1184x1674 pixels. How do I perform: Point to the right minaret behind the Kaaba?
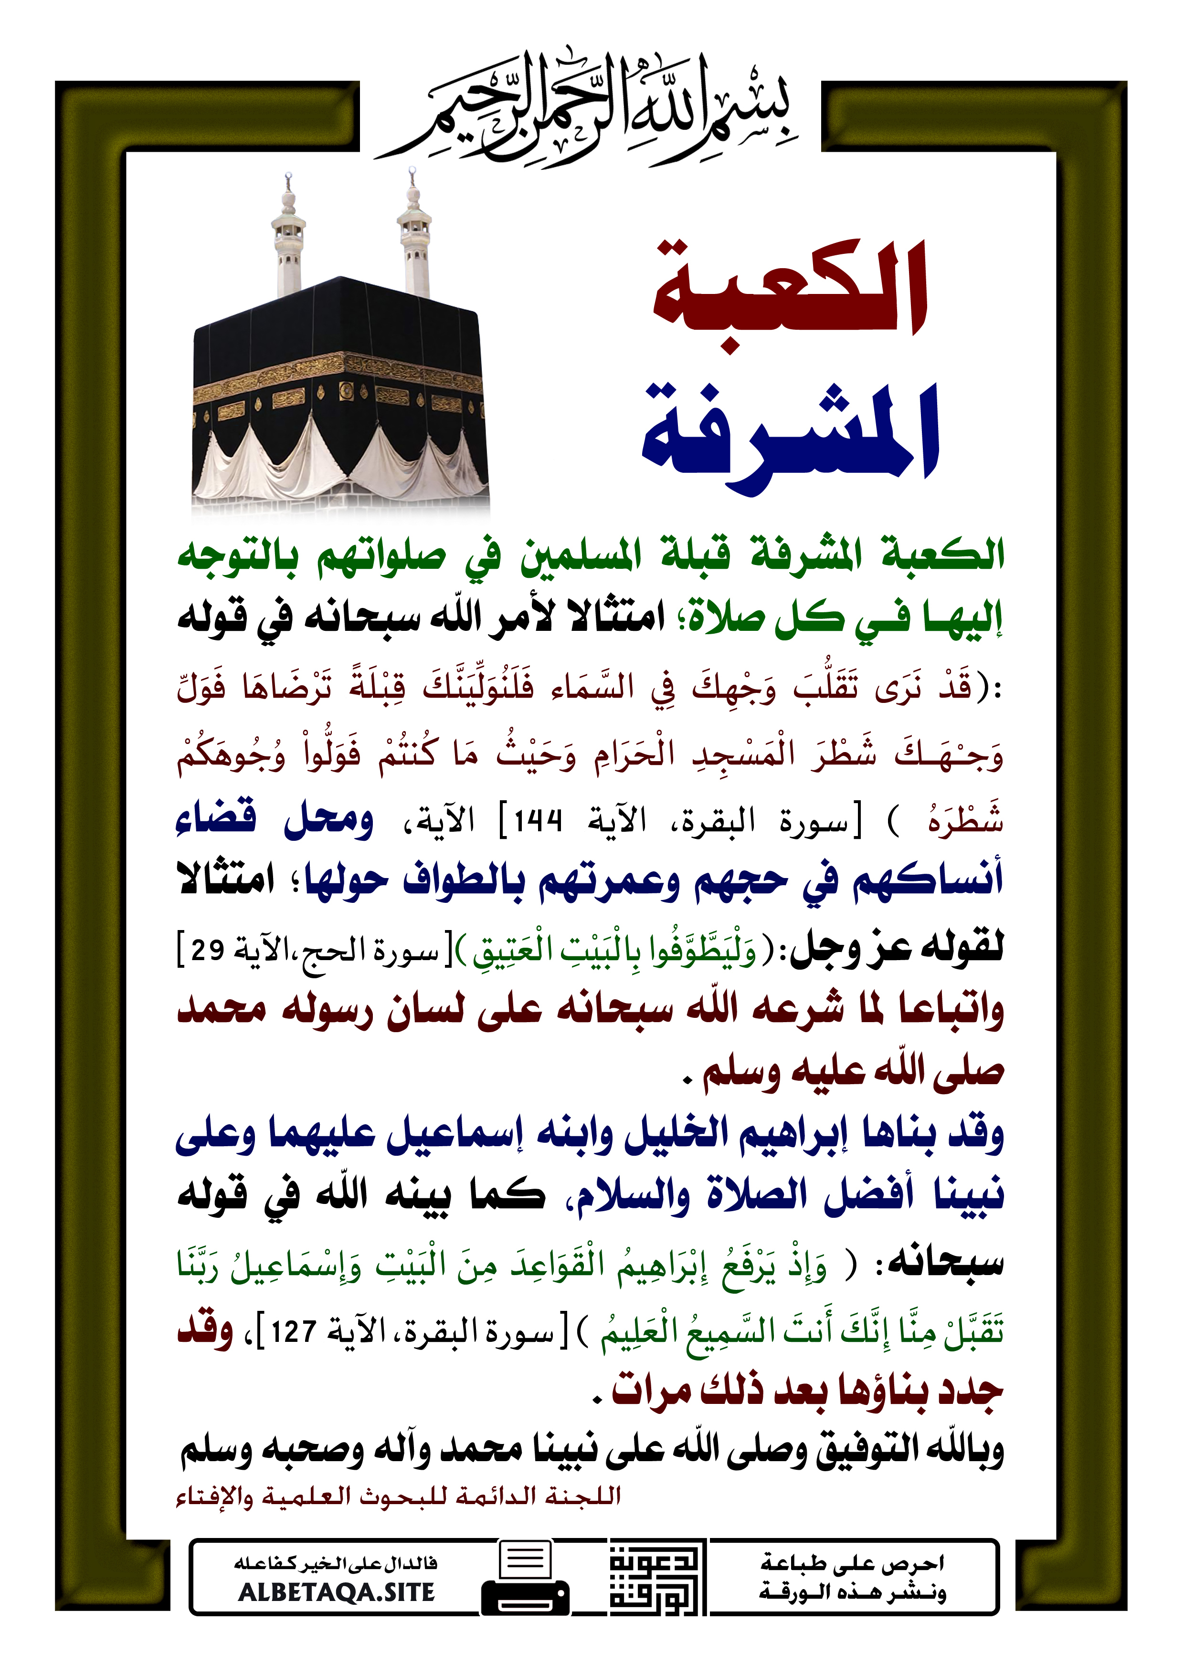413,233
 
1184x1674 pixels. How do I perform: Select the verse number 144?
538,822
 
